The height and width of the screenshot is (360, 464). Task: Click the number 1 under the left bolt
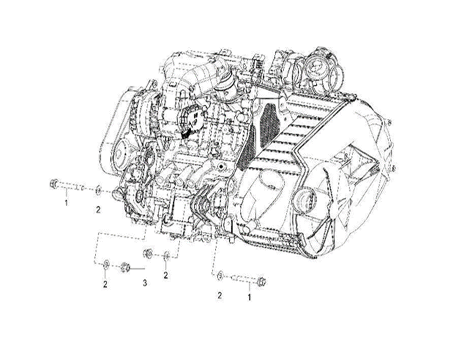click(x=66, y=203)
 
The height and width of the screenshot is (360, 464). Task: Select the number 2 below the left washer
click(x=98, y=210)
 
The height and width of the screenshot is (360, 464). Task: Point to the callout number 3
click(x=145, y=283)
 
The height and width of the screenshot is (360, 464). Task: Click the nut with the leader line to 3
click(x=125, y=267)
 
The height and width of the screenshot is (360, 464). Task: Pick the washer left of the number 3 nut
click(x=106, y=263)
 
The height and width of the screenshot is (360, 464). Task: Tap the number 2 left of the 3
click(x=105, y=285)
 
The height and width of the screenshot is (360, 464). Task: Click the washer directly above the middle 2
click(x=167, y=255)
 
